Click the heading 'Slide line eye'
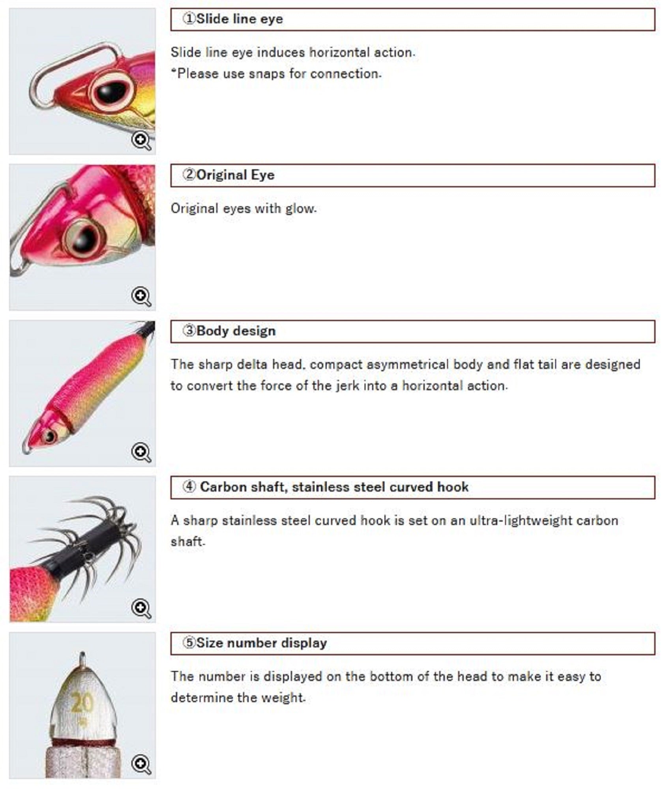coord(239,19)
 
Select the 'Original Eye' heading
coord(235,175)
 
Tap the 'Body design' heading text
coord(236,331)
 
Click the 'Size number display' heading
coord(261,643)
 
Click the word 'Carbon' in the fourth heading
coord(223,487)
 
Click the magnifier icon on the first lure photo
coord(141,140)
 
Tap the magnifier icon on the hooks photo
coord(141,608)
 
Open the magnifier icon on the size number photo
coord(141,764)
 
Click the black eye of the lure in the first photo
coord(112,92)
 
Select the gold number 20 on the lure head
coord(82,703)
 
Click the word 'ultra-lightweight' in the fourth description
coord(521,521)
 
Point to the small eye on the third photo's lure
coord(50,436)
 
